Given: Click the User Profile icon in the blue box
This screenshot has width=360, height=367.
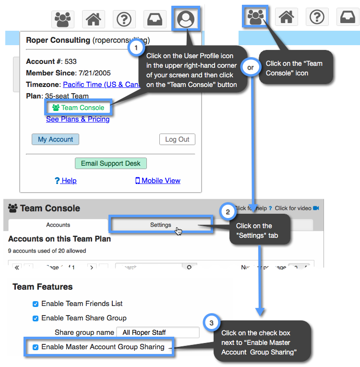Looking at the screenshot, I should tap(186, 19).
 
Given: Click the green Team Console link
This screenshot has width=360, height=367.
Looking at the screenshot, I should tap(78, 108).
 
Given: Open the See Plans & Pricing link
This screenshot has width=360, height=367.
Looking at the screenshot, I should tap(78, 119).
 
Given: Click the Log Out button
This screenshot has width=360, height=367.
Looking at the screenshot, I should tap(177, 139).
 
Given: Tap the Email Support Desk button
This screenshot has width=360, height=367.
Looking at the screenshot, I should tap(110, 163).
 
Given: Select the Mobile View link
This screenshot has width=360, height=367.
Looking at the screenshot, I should tap(158, 181).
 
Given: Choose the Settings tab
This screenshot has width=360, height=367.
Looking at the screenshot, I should tap(160, 225).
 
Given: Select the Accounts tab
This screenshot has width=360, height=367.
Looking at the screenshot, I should tap(58, 225).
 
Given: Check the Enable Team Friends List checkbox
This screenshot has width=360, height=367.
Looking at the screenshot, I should tap(35, 304).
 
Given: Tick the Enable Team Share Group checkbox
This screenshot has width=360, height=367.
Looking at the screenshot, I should tap(35, 318).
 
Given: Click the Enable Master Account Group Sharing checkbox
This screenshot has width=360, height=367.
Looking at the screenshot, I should tap(35, 347).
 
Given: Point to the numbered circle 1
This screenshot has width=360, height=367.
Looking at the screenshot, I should tap(136, 48).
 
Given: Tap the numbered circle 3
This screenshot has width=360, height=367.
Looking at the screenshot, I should tap(212, 322).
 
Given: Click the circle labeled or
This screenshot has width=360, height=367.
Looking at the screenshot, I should tap(251, 68).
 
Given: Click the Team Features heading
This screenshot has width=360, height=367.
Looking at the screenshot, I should tap(43, 287).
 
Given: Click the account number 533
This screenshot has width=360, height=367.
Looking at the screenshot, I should tap(71, 61).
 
